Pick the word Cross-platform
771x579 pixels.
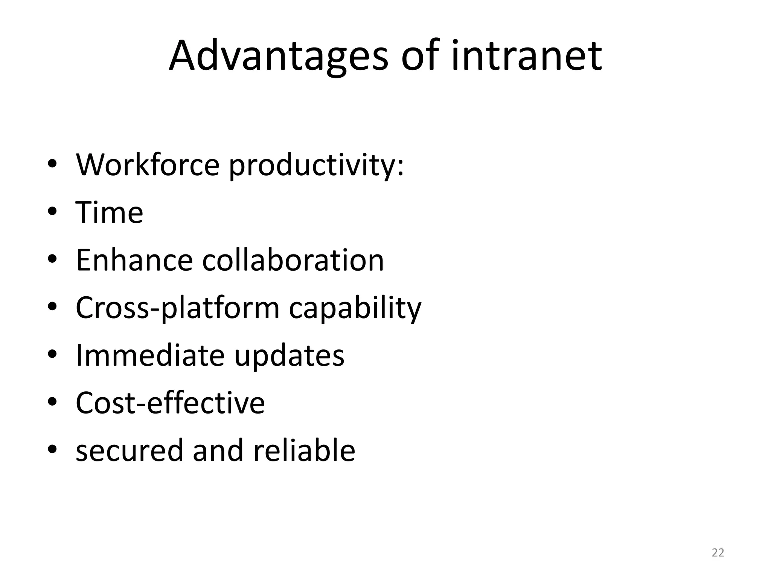[x=177, y=308]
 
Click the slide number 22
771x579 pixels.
[x=718, y=553]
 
